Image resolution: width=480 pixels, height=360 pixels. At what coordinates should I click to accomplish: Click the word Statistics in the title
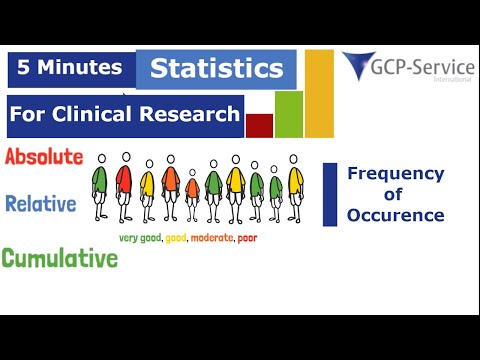[216, 70]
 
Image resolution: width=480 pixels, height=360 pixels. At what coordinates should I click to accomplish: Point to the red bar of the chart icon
[259, 125]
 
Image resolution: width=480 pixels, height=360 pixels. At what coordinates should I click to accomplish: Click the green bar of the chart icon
[288, 113]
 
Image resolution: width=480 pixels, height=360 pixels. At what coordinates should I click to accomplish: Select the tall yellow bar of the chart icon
[319, 93]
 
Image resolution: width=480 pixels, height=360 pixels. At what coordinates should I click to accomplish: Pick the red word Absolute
[43, 158]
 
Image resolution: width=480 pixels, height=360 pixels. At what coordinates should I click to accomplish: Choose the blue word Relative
[41, 204]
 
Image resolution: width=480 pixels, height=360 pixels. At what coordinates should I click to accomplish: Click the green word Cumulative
[59, 258]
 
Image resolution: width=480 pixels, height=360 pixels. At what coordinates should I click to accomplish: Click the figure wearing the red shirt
[125, 185]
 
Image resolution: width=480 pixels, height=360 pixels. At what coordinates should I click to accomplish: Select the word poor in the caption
[250, 238]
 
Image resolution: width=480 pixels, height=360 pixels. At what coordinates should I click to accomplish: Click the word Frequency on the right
[396, 174]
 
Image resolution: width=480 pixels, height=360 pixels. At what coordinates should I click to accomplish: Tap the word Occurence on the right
[396, 215]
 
